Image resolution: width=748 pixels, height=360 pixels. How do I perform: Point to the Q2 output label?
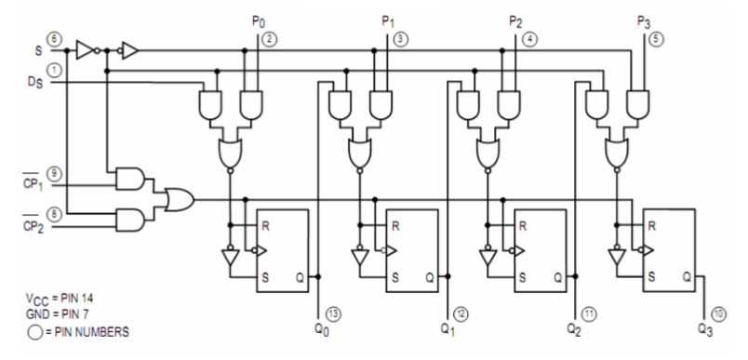(x=573, y=328)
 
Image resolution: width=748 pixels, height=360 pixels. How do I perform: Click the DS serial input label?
(x=33, y=83)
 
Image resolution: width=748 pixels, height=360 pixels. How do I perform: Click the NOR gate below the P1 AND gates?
(x=357, y=151)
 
